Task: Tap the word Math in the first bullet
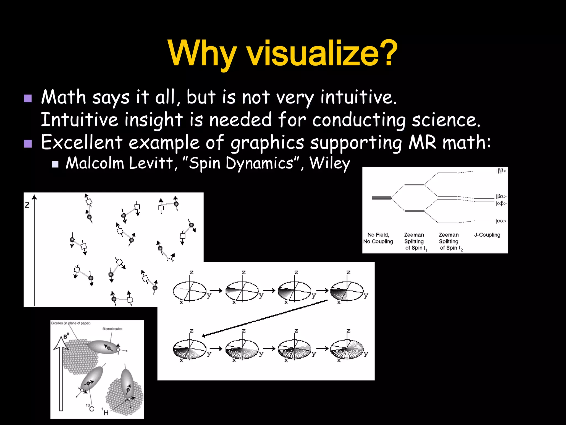point(64,97)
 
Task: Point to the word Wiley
point(330,163)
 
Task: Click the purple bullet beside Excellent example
point(28,143)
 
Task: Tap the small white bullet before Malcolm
point(55,164)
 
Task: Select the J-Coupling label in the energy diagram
point(487,235)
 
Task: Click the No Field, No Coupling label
point(378,238)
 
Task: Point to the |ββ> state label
point(501,171)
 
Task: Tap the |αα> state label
point(501,221)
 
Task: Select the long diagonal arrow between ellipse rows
point(265,318)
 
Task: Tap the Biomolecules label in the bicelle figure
point(112,329)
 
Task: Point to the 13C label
point(90,408)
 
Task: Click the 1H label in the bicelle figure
point(105,412)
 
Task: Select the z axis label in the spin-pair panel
point(27,205)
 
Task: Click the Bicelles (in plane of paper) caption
point(71,323)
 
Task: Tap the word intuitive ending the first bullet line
point(358,97)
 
